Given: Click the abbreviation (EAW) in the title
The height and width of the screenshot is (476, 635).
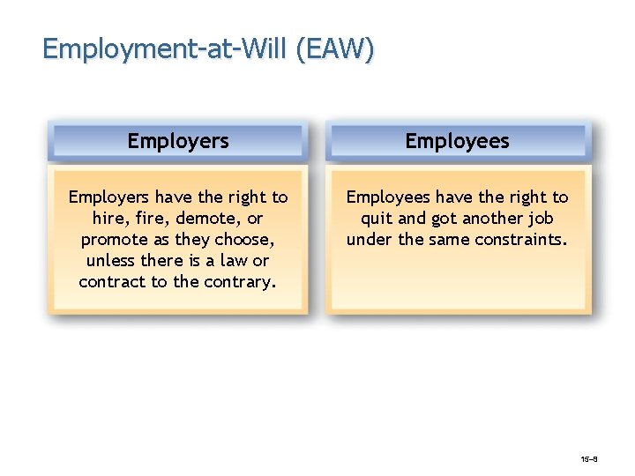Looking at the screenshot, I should pos(335,48).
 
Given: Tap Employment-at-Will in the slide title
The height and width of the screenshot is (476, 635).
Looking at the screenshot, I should pos(166,48).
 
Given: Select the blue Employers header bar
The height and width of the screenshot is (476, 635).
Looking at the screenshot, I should pos(178,141).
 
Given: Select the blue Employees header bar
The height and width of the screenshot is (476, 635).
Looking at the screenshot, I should pos(457,141).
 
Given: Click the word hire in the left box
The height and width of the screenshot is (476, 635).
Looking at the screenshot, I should pos(108,219).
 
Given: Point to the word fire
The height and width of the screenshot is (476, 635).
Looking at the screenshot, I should pos(152,219).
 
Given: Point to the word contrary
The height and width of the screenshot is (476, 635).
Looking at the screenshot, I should pos(242,282).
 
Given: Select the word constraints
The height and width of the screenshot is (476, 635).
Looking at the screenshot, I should pos(523,240).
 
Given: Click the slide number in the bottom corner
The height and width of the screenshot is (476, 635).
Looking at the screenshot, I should pos(590,460).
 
